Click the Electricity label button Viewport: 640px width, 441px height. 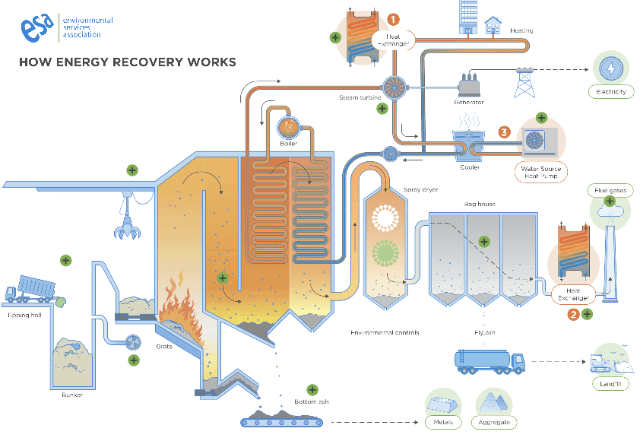tap(610, 92)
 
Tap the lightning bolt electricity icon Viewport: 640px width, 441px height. tap(610, 68)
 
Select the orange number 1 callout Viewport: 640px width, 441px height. tap(394, 18)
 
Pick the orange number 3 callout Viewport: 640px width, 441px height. tap(503, 132)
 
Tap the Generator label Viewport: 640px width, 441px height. tap(468, 101)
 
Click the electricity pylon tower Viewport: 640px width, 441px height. tap(523, 81)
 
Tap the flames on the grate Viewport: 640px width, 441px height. tap(179, 308)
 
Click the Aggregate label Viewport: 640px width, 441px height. tap(495, 422)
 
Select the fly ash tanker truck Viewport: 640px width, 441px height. tap(489, 360)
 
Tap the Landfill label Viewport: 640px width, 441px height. tap(611, 385)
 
